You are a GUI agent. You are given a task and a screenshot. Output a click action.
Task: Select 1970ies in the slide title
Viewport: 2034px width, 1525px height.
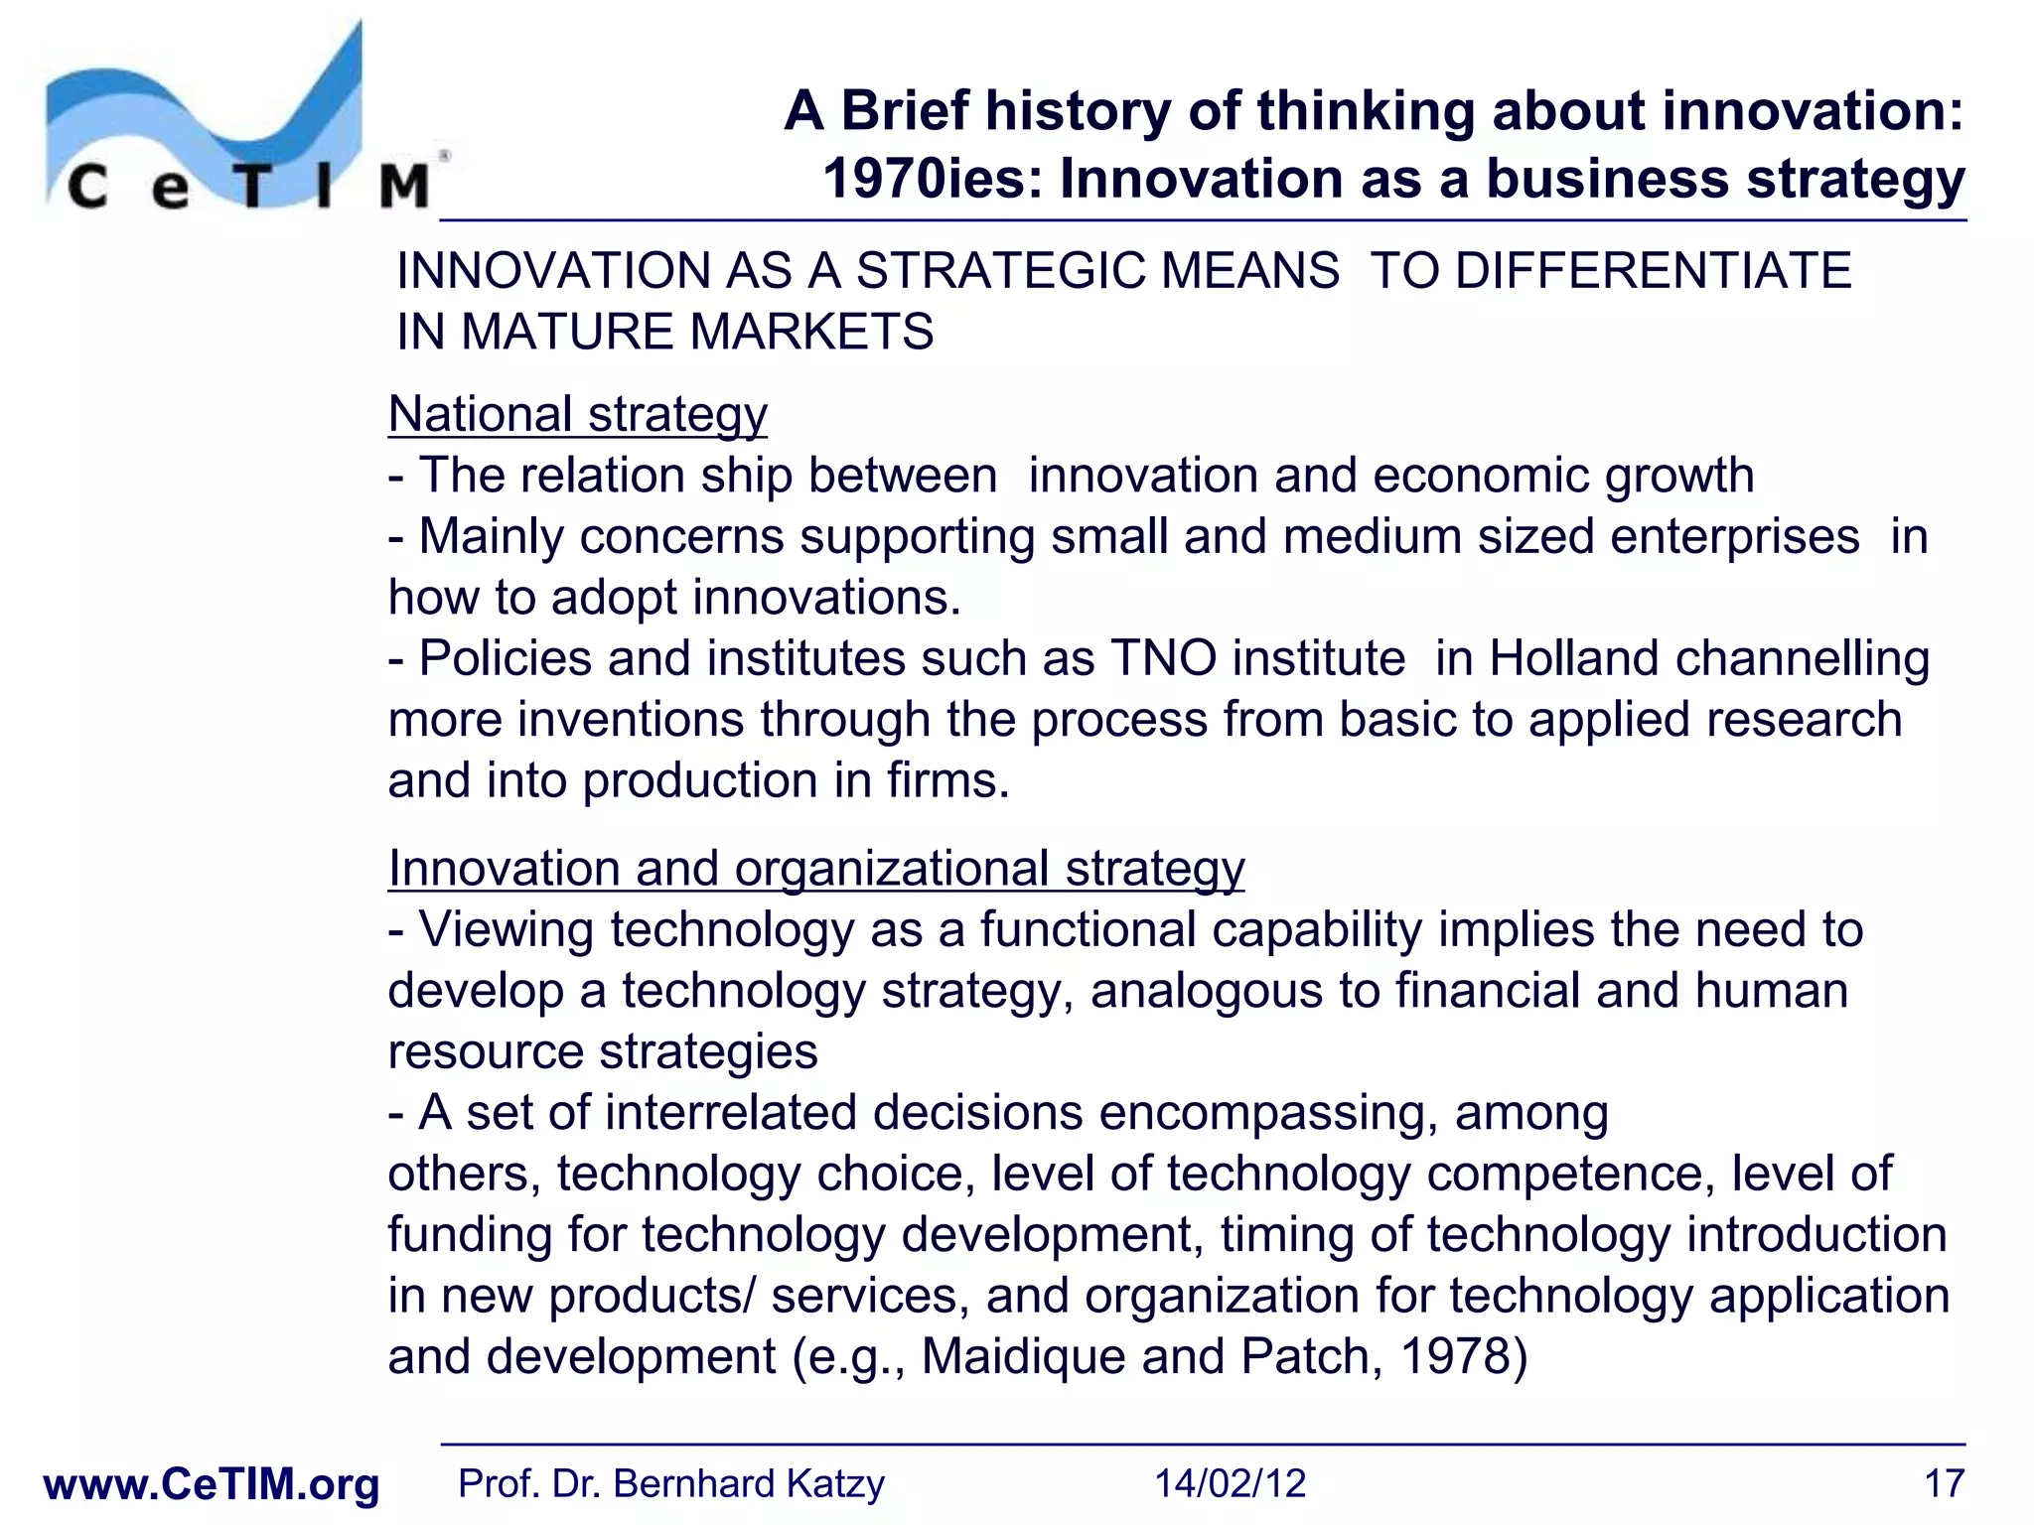click(933, 180)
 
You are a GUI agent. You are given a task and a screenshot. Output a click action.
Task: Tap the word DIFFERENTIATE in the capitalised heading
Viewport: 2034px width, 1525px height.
click(1653, 271)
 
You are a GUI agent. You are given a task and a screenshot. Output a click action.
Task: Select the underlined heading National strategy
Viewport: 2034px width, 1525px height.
click(577, 415)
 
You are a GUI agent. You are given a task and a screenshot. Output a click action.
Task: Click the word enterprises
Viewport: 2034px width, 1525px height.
click(1734, 537)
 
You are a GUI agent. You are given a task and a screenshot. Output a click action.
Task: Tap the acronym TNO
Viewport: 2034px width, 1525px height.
click(1163, 658)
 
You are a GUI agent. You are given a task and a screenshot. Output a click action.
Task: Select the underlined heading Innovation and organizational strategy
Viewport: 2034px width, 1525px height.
click(815, 869)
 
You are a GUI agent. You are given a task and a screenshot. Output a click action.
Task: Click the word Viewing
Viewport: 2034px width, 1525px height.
click(506, 931)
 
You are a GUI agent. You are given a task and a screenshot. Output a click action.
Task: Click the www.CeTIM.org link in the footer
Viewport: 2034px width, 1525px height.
click(212, 1484)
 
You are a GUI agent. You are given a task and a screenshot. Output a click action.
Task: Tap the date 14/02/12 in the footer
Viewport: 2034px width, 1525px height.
click(1230, 1484)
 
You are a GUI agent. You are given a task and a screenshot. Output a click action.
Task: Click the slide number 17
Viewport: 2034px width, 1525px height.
click(1944, 1484)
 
